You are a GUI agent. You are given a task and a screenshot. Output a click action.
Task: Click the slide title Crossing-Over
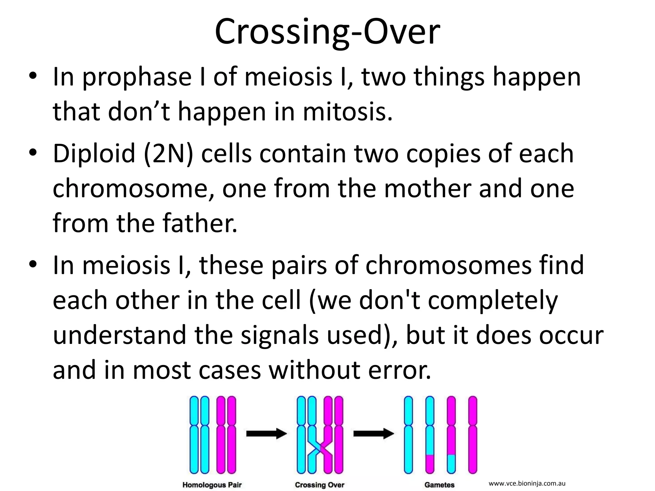coord(327,32)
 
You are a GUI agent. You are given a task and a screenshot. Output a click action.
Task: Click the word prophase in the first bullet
coord(137,78)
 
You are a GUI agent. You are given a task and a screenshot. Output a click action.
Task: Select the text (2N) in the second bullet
coord(169,154)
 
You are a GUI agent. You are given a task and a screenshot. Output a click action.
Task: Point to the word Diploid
coord(94,154)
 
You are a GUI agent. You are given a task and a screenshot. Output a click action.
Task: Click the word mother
coord(427,189)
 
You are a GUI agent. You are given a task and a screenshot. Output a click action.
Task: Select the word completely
coord(493,300)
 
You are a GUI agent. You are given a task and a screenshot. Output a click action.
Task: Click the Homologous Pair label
coord(212,485)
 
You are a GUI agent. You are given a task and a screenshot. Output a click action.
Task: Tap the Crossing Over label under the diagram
coord(319,485)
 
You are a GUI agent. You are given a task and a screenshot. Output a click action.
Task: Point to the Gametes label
coord(439,485)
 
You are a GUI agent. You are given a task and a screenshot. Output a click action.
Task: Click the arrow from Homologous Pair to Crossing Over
coord(266,434)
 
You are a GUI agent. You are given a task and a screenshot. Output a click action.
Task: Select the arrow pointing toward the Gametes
coord(373,434)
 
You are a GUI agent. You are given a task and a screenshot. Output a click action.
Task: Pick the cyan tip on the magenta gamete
coord(451,464)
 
